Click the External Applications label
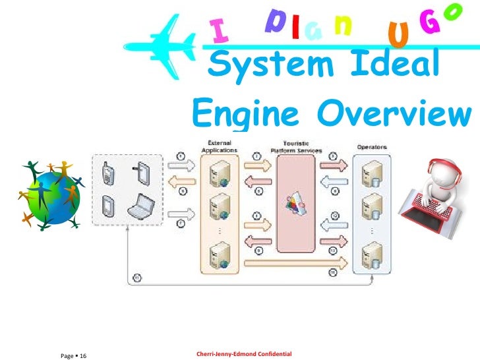[x=219, y=146]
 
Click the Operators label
[x=372, y=146]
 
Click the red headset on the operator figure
[x=440, y=171]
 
